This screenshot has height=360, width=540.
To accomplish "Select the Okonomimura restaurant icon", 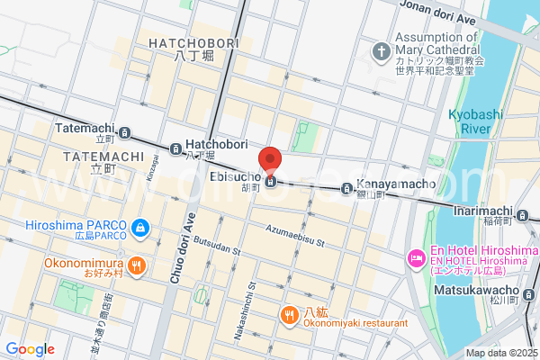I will click(136, 265).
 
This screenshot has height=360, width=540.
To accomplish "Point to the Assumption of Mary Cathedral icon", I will click(381, 49).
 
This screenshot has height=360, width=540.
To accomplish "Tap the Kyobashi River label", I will click(470, 121).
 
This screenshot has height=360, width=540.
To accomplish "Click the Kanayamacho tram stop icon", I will click(346, 189).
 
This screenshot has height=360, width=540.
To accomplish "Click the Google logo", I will click(30, 349).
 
